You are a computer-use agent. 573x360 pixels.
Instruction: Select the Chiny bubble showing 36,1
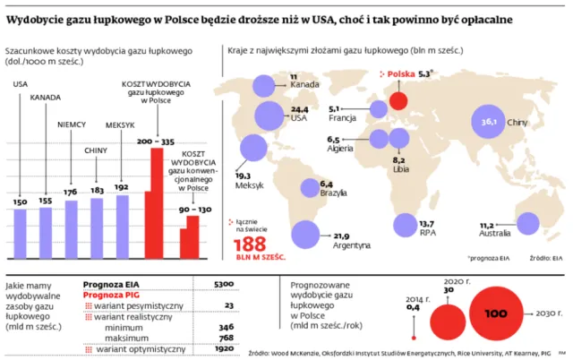tap(489, 121)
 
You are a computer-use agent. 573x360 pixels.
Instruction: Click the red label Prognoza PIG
tap(110, 294)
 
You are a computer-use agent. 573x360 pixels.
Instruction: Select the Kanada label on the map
tap(304, 86)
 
